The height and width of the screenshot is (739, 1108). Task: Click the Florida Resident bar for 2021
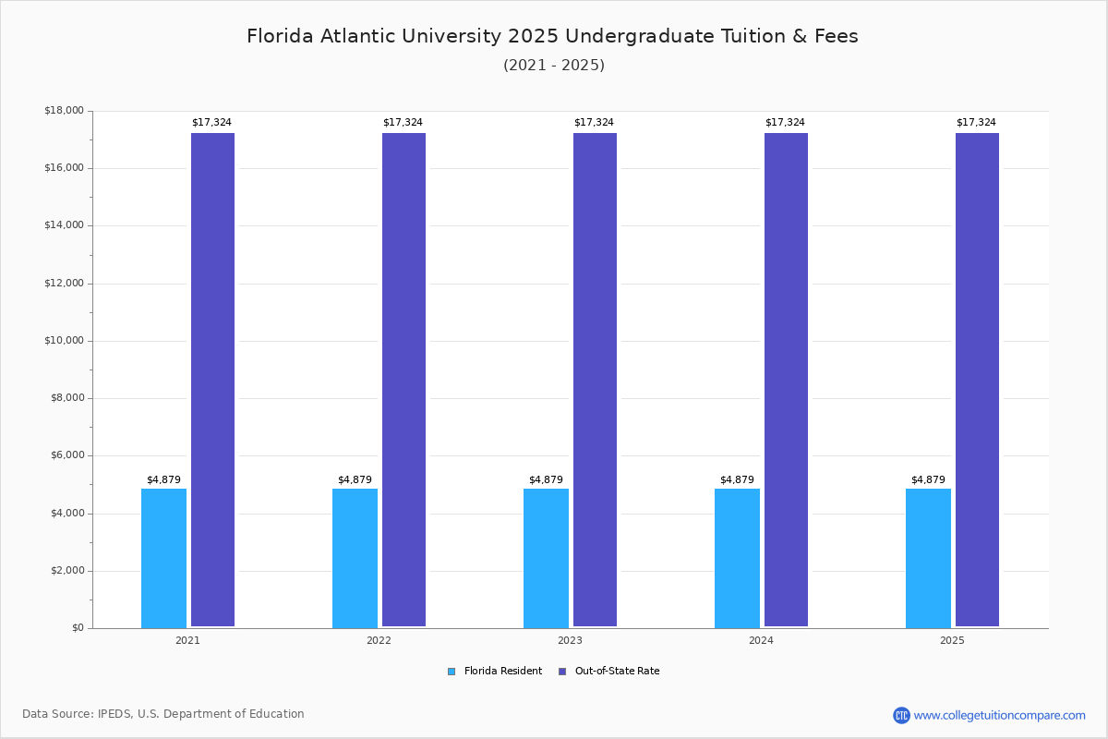click(x=163, y=558)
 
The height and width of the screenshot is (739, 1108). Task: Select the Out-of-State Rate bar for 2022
click(x=403, y=380)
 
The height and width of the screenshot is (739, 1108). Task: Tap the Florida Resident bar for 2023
click(x=546, y=558)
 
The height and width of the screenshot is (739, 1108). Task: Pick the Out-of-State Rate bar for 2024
click(x=786, y=380)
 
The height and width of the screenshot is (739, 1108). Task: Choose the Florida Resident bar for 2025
click(x=928, y=558)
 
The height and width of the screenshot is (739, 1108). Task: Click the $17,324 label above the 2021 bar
click(x=211, y=123)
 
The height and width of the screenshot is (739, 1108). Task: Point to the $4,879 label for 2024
click(x=737, y=480)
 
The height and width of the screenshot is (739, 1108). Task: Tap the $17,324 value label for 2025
click(x=976, y=123)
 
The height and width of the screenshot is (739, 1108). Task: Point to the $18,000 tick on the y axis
click(x=64, y=111)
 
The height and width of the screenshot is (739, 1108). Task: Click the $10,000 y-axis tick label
click(x=64, y=341)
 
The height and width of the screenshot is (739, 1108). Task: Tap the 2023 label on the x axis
click(x=570, y=640)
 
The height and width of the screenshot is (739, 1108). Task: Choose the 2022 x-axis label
click(x=379, y=640)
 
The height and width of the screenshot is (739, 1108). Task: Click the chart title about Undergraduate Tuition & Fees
click(x=552, y=36)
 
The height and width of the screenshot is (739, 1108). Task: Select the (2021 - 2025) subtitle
click(x=554, y=66)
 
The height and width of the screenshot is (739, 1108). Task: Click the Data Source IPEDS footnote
click(x=163, y=714)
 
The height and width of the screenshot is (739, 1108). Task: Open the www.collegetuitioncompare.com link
click(x=999, y=715)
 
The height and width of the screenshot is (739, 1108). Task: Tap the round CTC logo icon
click(x=901, y=715)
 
